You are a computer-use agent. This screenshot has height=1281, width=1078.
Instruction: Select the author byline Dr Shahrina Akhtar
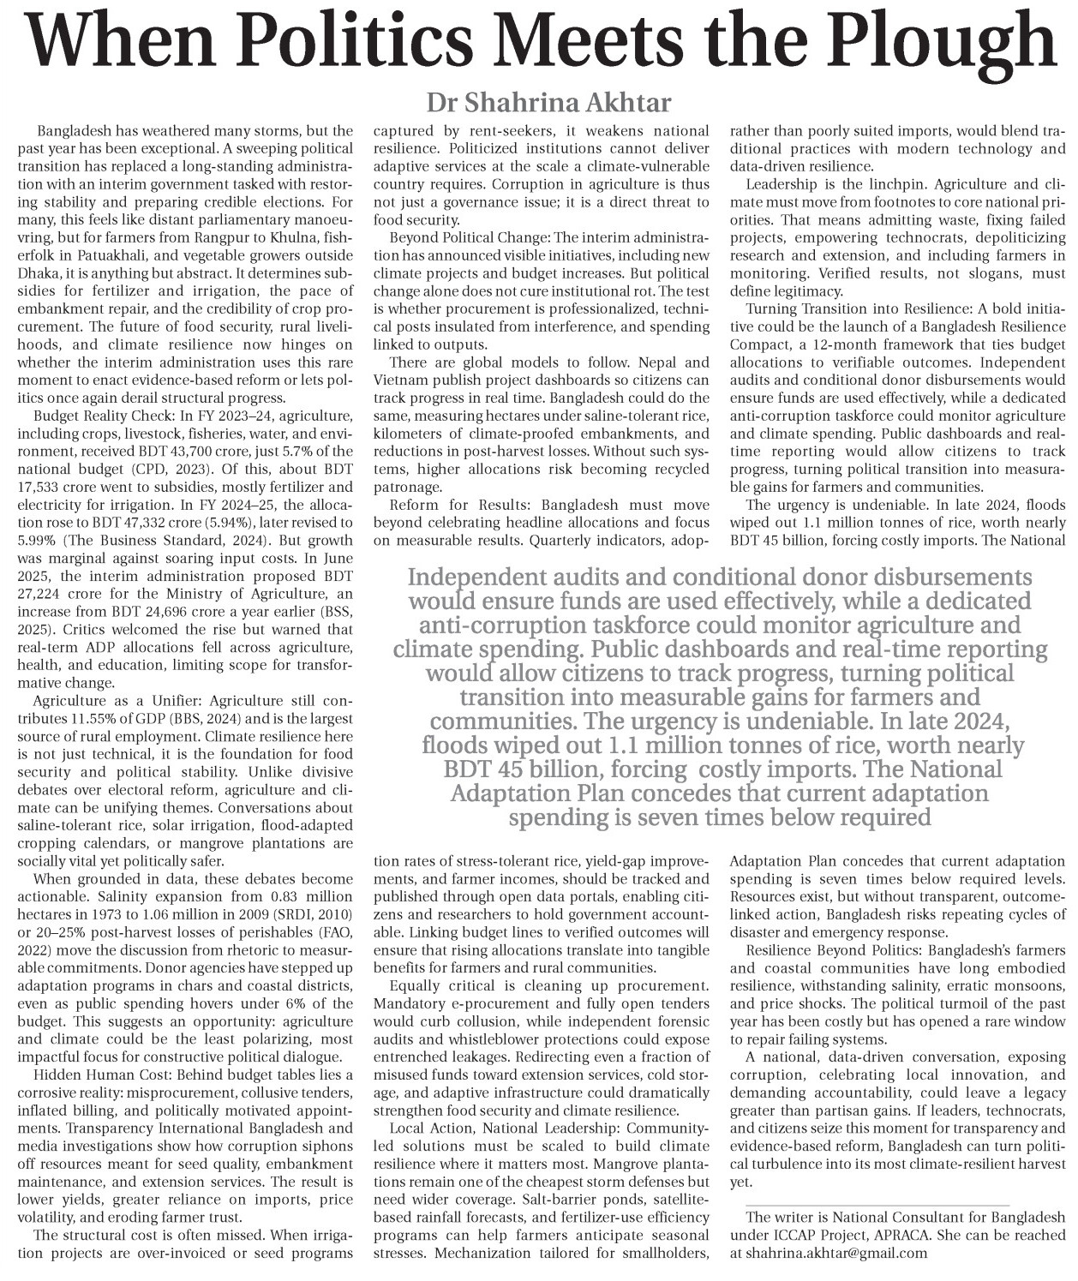click(x=549, y=103)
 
